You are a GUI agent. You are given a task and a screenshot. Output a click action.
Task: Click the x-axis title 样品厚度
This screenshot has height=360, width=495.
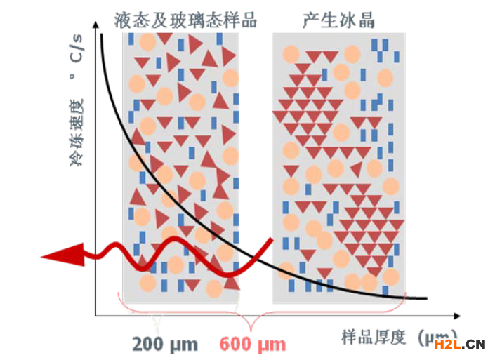tap(375, 336)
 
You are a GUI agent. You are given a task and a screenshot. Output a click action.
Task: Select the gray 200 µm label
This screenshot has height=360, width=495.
tap(164, 345)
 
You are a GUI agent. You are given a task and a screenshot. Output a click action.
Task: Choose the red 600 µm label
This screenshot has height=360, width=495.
tap(253, 345)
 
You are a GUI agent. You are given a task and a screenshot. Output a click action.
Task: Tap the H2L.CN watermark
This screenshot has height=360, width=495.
tap(459, 343)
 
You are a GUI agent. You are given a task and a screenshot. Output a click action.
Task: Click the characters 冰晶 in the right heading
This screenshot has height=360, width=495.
tap(357, 20)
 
